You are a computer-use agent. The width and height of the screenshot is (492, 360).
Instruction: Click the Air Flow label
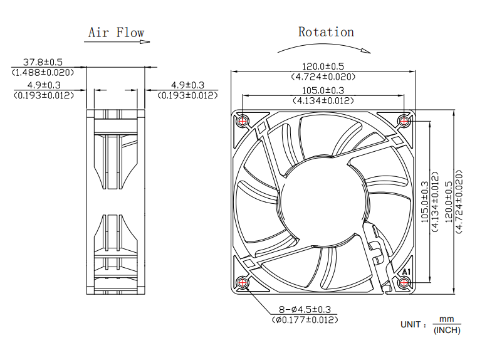point(116,33)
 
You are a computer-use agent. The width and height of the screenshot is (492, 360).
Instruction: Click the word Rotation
point(326,31)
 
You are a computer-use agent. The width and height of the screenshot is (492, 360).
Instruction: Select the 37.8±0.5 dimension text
point(43,63)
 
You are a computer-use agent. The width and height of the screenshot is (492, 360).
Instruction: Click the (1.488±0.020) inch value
point(43,72)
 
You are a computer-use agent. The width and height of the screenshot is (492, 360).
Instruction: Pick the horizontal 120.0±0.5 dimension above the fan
point(323,66)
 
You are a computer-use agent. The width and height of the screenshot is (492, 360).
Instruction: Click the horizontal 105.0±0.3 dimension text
point(323,90)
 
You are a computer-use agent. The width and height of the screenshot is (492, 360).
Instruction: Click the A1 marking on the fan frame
point(406,272)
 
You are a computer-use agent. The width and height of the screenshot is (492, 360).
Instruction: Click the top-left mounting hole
point(243,119)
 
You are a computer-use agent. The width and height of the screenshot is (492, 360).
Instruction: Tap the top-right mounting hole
point(405,119)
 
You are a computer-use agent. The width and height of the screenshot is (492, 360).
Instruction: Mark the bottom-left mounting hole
point(243,282)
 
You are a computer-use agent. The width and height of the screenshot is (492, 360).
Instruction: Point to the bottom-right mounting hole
point(405,282)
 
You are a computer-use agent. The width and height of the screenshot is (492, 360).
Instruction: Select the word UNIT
point(412,325)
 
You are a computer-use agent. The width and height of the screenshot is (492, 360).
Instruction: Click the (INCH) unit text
point(447,331)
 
